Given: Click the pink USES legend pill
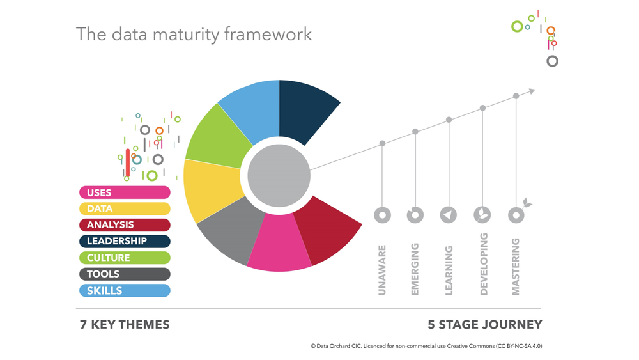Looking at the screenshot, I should coord(125,192).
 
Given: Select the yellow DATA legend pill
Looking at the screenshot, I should coord(125,208).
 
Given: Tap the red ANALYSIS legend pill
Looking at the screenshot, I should coord(125,225).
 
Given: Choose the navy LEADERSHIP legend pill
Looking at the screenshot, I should coord(125,241).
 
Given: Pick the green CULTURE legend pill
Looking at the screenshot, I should coord(125,258).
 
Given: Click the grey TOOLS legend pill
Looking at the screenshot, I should coord(125,274).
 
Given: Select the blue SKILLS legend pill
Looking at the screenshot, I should coord(125,291).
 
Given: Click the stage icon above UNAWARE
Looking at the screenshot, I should coord(382,215).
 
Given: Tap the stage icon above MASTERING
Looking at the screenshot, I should coord(516,215).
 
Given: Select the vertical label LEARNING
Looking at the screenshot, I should coord(449,270).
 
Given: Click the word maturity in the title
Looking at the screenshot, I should coord(186,34).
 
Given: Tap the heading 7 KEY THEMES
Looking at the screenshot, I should coord(125,325).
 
